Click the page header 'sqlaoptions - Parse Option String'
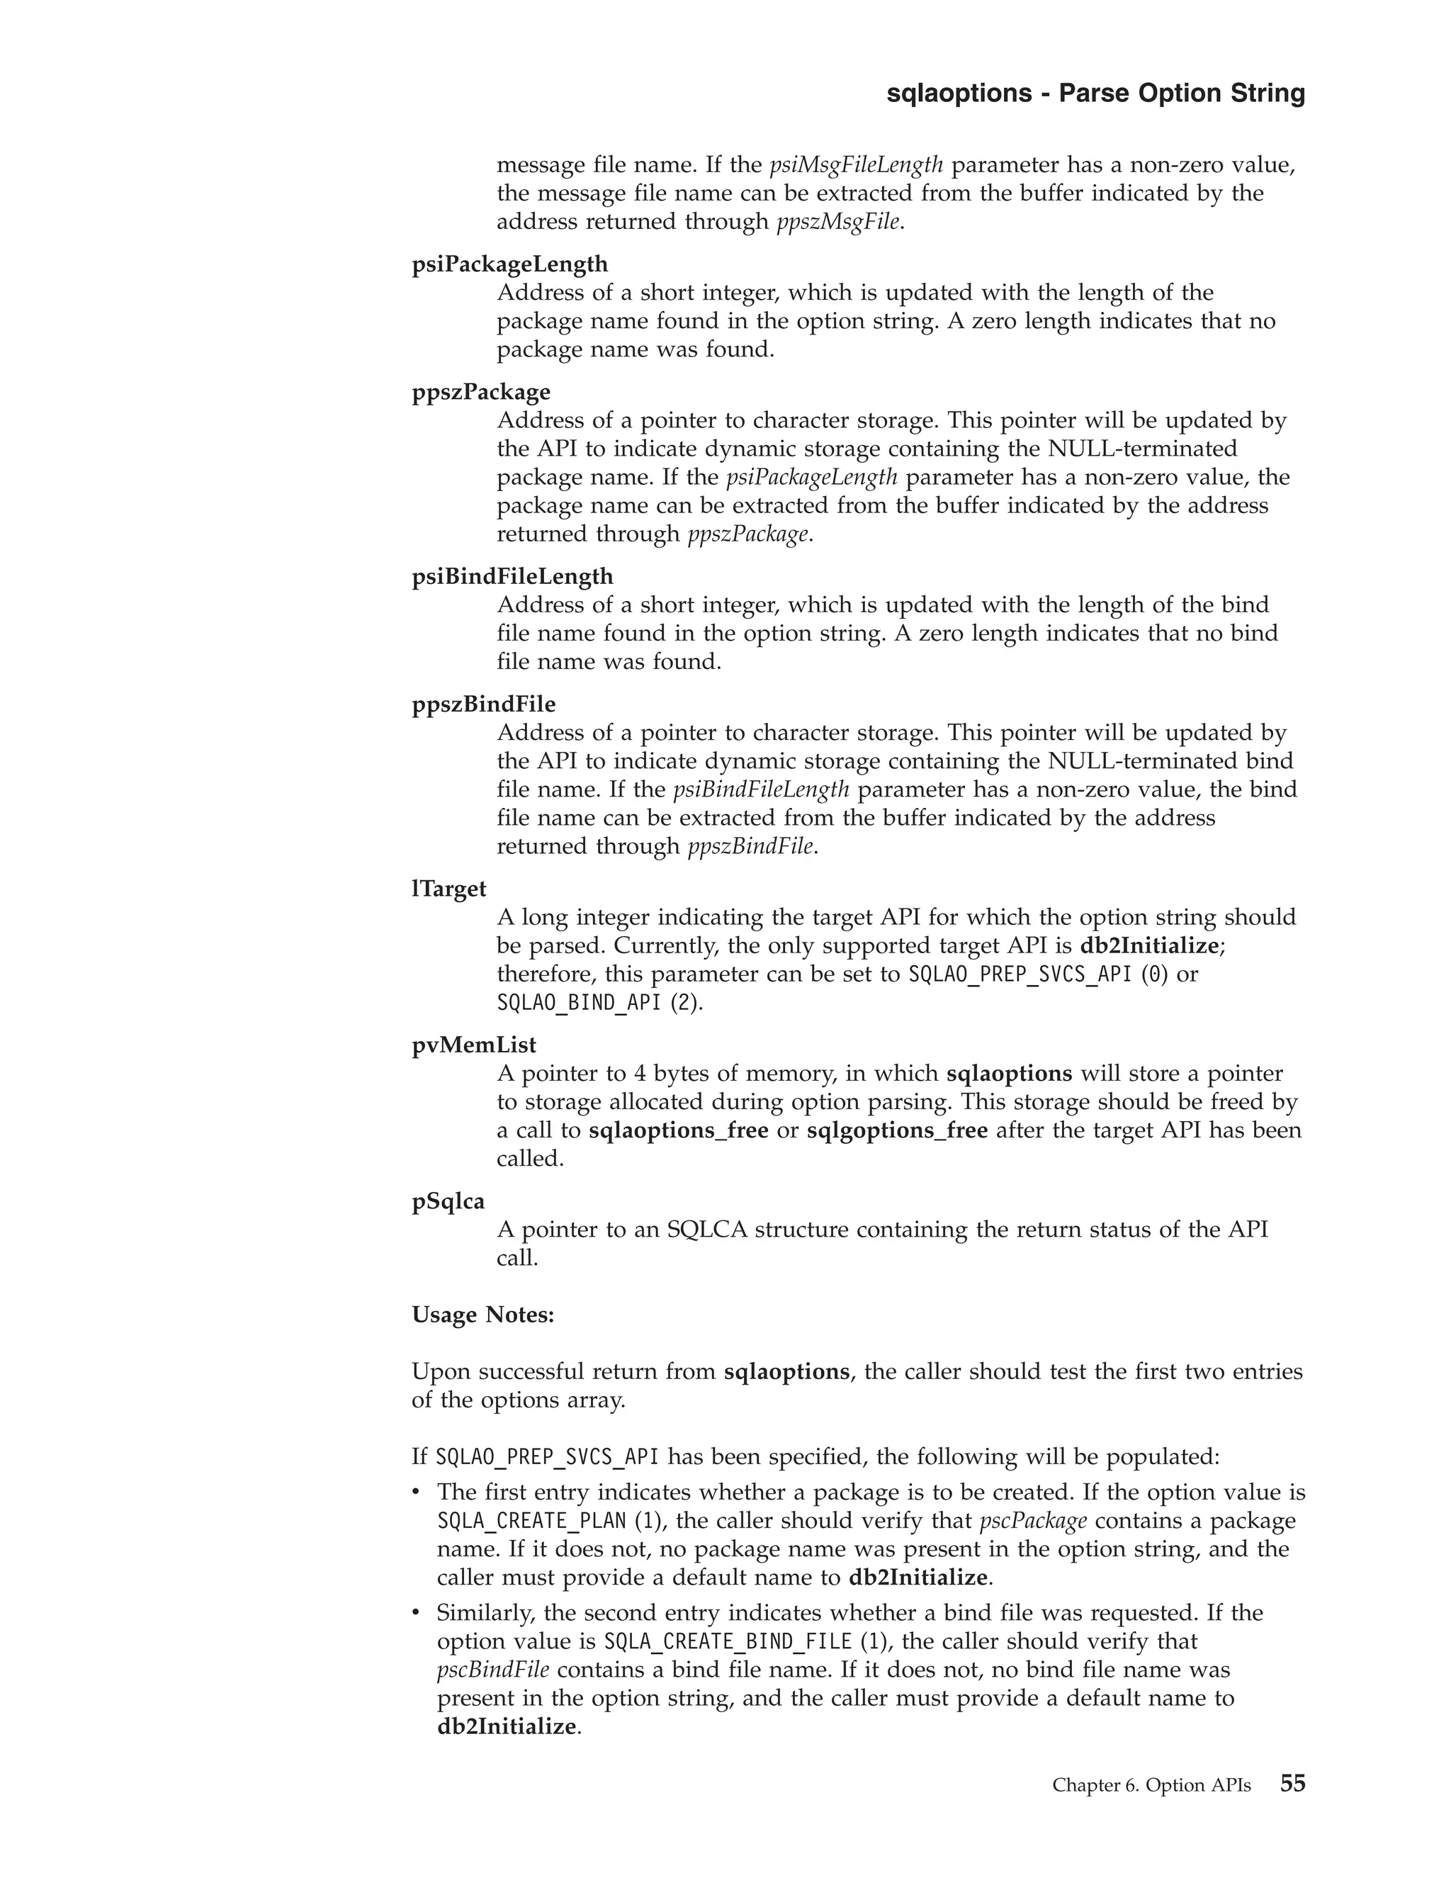1095,93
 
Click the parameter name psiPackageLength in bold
509,264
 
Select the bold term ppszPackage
480,392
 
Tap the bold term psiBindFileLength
512,576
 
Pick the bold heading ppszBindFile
483,704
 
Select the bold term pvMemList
474,1045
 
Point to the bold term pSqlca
448,1201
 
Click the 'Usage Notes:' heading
483,1315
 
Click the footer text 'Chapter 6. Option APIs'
1151,1785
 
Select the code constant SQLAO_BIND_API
579,1003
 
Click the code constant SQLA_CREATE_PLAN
531,1520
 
